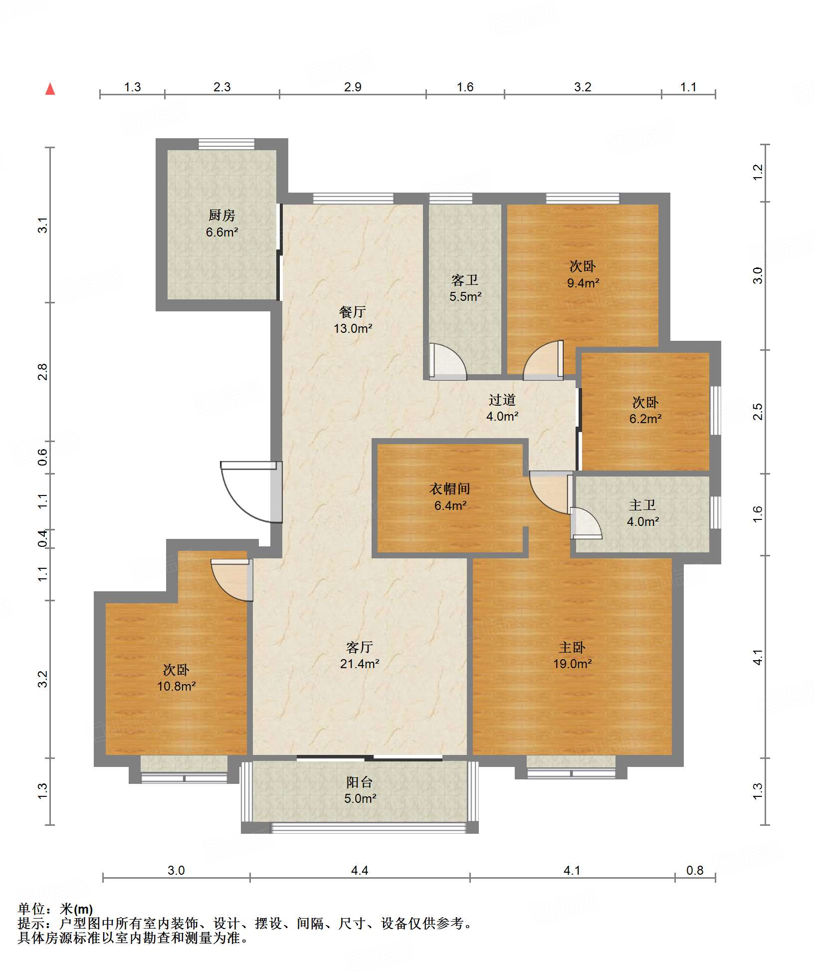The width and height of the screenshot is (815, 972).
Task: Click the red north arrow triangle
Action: (50, 89)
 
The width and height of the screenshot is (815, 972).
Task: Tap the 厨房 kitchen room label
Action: (221, 215)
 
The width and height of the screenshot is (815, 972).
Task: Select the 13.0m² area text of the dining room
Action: (353, 328)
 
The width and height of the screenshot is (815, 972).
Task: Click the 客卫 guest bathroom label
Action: (465, 280)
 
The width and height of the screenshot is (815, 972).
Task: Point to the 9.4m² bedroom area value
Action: (583, 283)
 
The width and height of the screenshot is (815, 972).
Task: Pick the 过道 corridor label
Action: (502, 400)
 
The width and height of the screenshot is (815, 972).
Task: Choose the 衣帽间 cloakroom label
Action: (450, 489)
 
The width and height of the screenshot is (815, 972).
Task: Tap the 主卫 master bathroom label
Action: (642, 505)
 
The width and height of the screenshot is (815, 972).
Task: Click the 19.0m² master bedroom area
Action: (572, 664)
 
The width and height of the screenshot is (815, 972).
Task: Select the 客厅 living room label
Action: (359, 647)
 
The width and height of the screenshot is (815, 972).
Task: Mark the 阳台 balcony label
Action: (360, 782)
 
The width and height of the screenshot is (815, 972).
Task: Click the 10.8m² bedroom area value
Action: (176, 686)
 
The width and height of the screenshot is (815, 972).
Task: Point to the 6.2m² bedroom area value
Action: (645, 419)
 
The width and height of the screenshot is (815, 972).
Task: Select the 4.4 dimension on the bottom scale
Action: (360, 871)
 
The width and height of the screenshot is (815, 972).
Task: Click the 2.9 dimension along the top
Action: (353, 87)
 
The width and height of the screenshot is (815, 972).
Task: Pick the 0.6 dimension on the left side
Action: (43, 457)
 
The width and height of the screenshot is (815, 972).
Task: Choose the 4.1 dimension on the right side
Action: (758, 657)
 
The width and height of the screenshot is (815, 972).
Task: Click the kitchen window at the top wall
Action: (226, 144)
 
